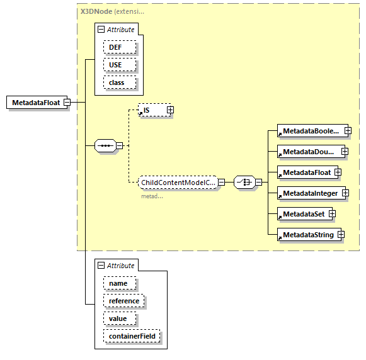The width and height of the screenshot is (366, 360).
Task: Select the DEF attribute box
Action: [x=115, y=47]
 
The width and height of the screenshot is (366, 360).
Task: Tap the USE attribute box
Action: [x=115, y=65]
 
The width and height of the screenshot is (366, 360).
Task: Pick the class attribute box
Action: [x=117, y=82]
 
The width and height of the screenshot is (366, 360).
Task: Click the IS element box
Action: [x=151, y=110]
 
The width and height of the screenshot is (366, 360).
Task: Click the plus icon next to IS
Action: [x=170, y=110]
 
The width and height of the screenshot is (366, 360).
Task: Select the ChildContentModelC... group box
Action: [x=178, y=183]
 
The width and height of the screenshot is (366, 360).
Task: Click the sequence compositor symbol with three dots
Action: [x=105, y=146]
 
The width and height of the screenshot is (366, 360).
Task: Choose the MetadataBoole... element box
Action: [x=311, y=131]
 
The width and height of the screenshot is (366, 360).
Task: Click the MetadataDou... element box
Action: [x=310, y=152]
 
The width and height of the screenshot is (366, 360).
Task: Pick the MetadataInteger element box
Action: [x=310, y=193]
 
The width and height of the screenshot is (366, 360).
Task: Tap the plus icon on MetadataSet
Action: [x=331, y=214]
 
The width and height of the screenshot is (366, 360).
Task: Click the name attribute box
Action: [x=118, y=283]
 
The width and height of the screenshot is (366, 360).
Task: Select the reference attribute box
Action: [x=124, y=301]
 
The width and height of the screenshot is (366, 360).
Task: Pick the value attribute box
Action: [x=118, y=318]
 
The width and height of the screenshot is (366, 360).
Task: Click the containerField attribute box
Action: [x=132, y=336]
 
